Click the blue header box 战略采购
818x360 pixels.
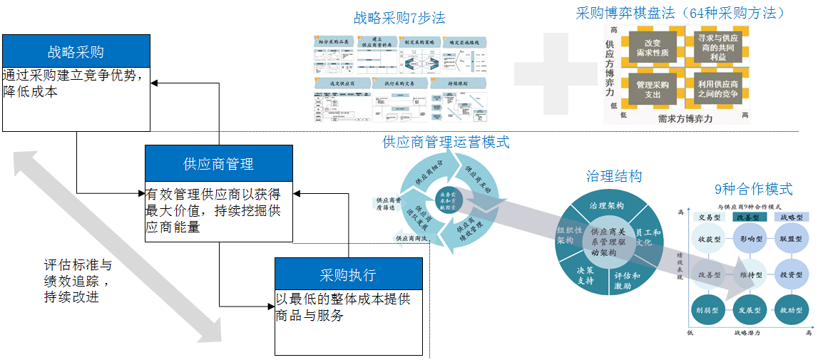(76, 51)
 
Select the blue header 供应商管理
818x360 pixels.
(218, 163)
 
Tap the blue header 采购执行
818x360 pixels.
(348, 274)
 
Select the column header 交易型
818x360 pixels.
(709, 217)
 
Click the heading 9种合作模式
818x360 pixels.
(753, 189)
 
